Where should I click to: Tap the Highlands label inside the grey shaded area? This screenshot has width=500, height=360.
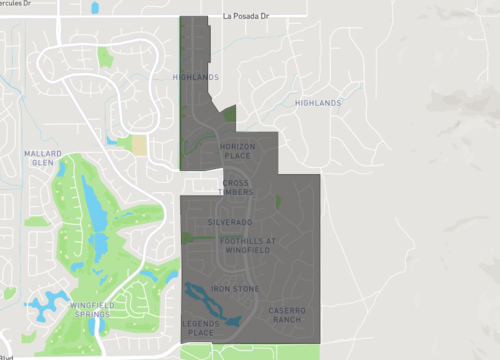tap(194, 76)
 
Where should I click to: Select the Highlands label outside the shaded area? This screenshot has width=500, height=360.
tap(318, 103)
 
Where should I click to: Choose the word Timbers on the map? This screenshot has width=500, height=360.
tap(236, 192)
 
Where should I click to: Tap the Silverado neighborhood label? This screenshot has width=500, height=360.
tap(230, 220)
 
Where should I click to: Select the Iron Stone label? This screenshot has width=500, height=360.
tap(235, 289)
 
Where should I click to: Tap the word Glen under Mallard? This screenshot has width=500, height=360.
tap(41, 162)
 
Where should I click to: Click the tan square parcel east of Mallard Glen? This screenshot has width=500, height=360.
tap(138, 144)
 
